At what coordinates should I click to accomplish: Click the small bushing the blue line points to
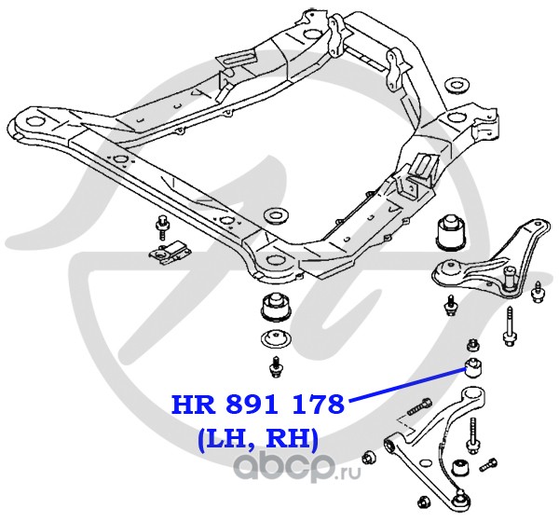474,363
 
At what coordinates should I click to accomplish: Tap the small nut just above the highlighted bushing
473,341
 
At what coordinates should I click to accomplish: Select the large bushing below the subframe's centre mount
276,305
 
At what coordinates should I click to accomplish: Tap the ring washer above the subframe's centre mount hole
275,217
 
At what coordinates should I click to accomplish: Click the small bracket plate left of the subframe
167,254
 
